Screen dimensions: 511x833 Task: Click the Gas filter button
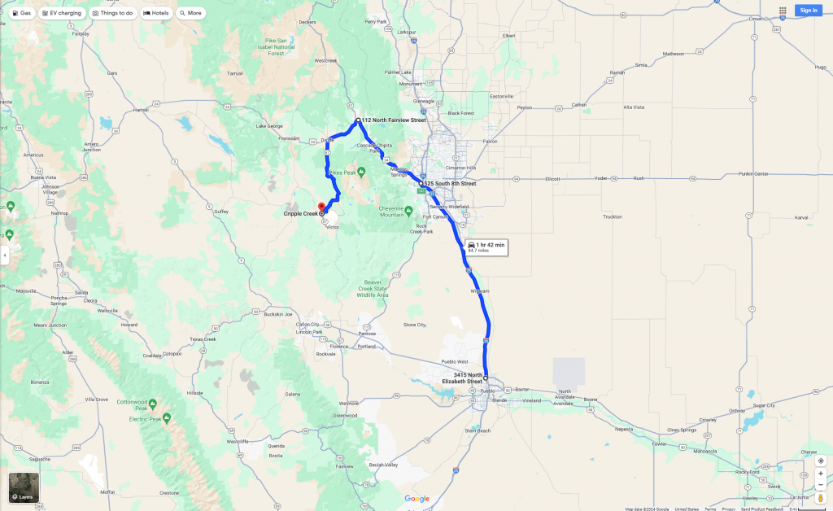(22, 13)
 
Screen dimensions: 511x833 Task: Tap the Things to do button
(113, 13)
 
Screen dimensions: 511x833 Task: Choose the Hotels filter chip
(156, 13)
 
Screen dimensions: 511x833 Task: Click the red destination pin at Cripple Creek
(321, 205)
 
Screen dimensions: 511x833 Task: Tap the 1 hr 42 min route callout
(486, 247)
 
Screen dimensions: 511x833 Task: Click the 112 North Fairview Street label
(394, 120)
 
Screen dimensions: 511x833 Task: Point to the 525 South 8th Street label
(450, 184)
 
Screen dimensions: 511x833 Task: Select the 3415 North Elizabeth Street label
(463, 378)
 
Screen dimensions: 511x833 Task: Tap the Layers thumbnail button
(24, 487)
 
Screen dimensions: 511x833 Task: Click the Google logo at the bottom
(416, 499)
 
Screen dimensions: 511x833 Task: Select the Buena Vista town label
(41, 177)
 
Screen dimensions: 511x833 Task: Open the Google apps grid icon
(783, 11)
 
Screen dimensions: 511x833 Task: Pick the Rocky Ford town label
(747, 472)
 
